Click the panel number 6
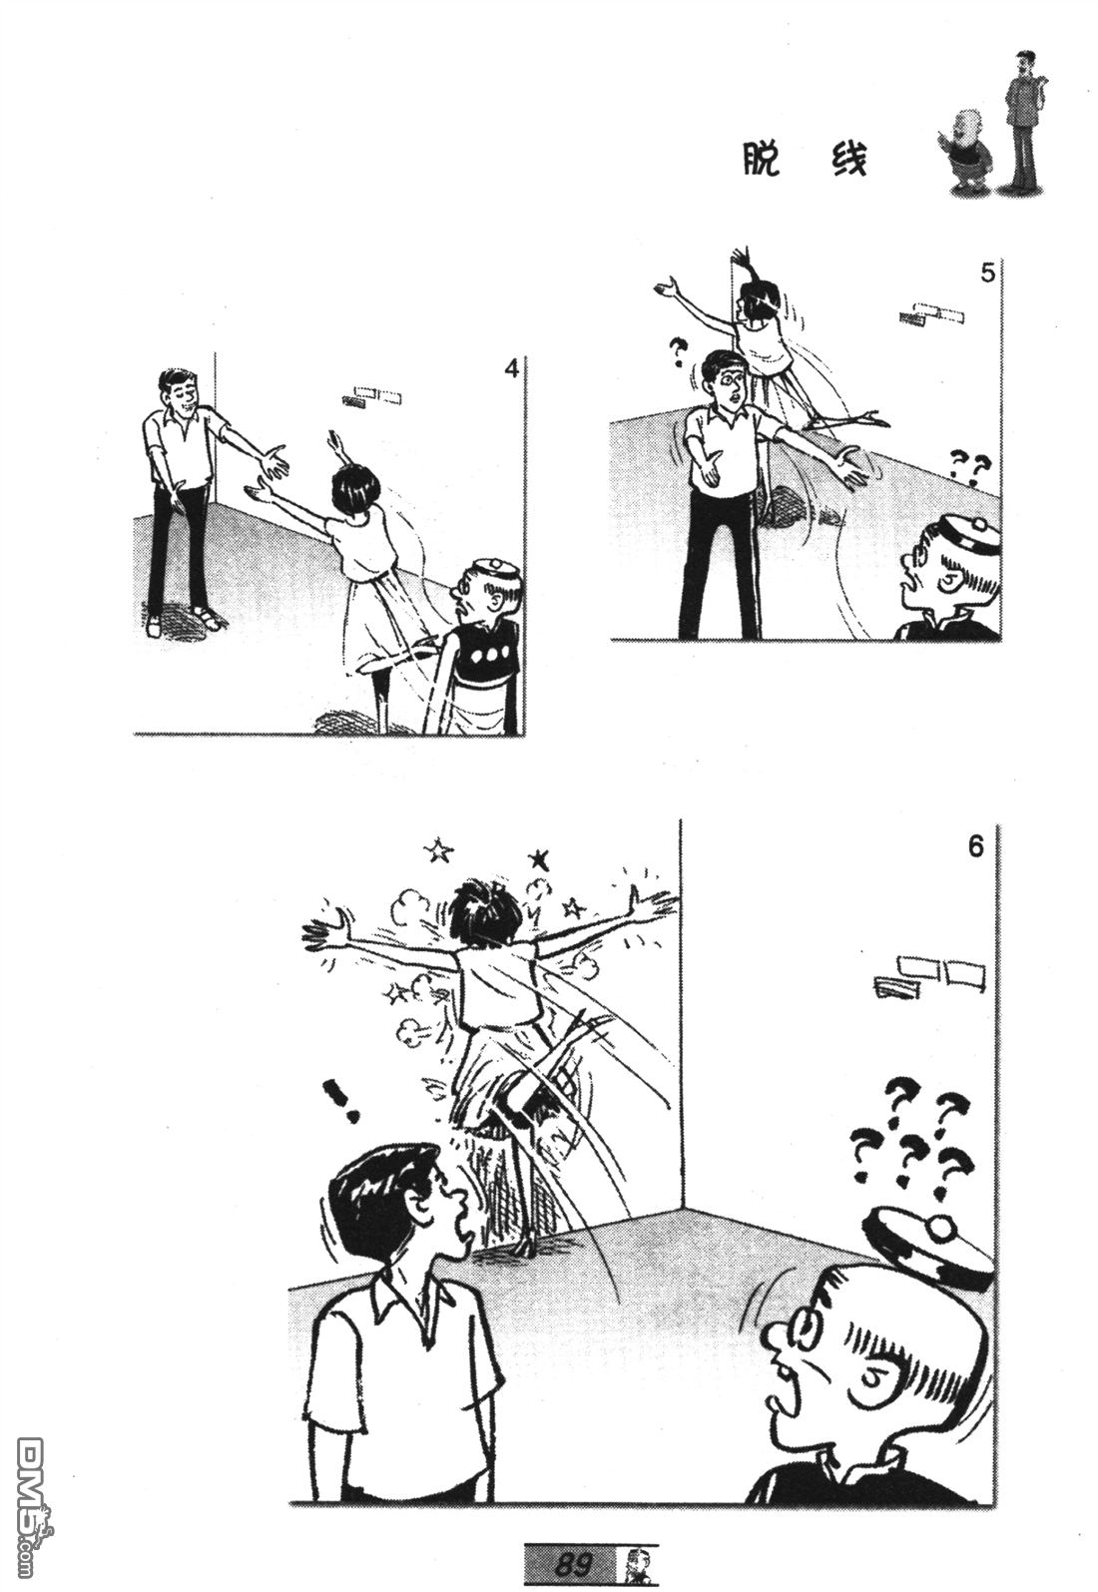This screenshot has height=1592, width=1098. coord(975,847)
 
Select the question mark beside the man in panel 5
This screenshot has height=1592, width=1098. coord(679,353)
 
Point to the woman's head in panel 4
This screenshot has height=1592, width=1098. coord(355,487)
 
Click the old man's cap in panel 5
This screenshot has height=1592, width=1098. coord(963,538)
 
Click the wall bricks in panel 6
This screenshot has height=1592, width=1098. coord(929,976)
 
